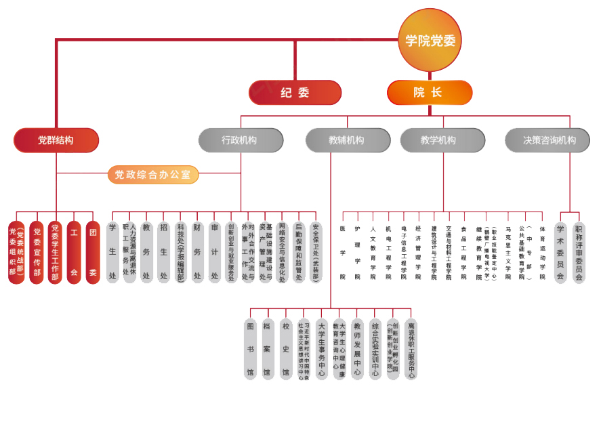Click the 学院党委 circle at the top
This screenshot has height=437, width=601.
point(430,40)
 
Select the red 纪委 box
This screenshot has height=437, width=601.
point(295,93)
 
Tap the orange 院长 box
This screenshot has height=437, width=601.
point(429,93)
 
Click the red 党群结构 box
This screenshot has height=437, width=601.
point(56,140)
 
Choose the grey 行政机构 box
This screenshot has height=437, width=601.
point(240,140)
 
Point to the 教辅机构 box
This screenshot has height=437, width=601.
point(347,140)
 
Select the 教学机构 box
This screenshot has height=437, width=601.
point(442,140)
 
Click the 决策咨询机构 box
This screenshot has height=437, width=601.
point(547,140)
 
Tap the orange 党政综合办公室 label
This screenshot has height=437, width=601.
point(153,175)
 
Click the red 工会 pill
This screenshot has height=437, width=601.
point(74,253)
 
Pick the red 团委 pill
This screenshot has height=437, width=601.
point(93,253)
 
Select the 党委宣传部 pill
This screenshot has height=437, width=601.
point(37,253)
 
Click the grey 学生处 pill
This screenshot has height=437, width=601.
point(112,252)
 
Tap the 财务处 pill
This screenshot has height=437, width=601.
point(197,252)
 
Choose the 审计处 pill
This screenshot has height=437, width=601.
point(215,252)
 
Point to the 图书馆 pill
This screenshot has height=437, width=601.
point(251,349)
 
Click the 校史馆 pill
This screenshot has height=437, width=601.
point(286,349)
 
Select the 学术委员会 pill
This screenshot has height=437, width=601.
point(560,252)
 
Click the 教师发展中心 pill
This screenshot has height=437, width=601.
point(357,349)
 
